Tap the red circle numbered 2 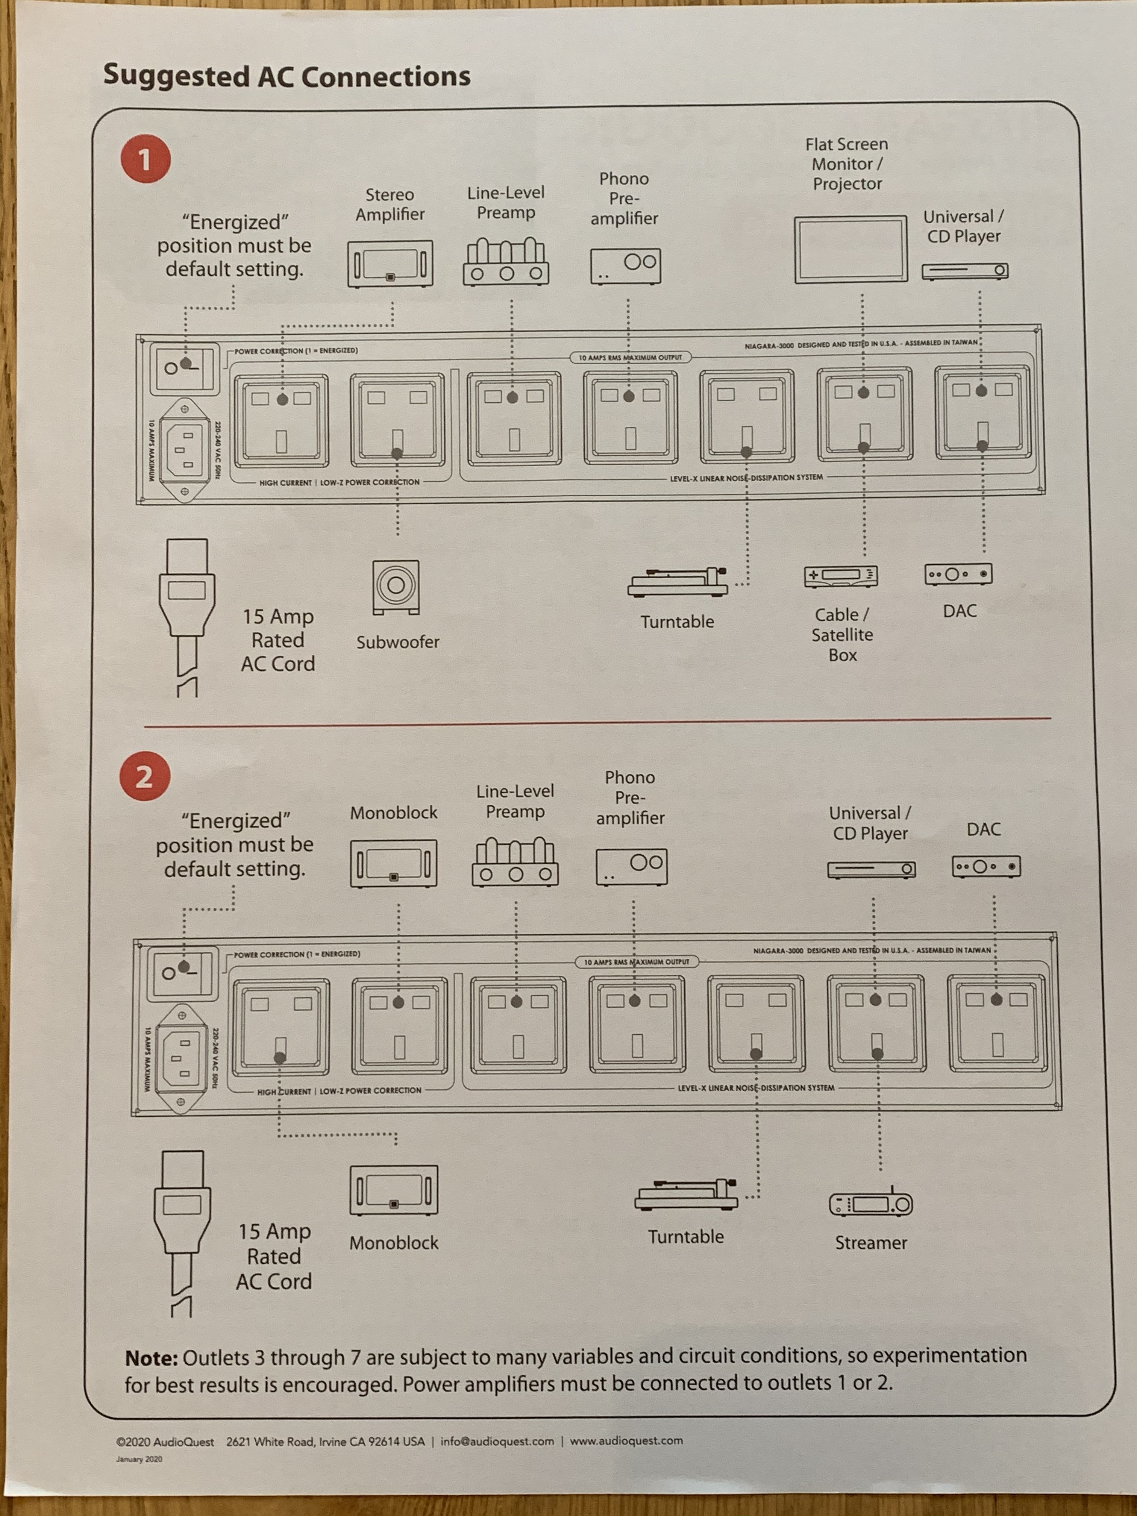[x=145, y=776]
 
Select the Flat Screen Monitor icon [x=850, y=249]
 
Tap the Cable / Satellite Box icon [x=841, y=576]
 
